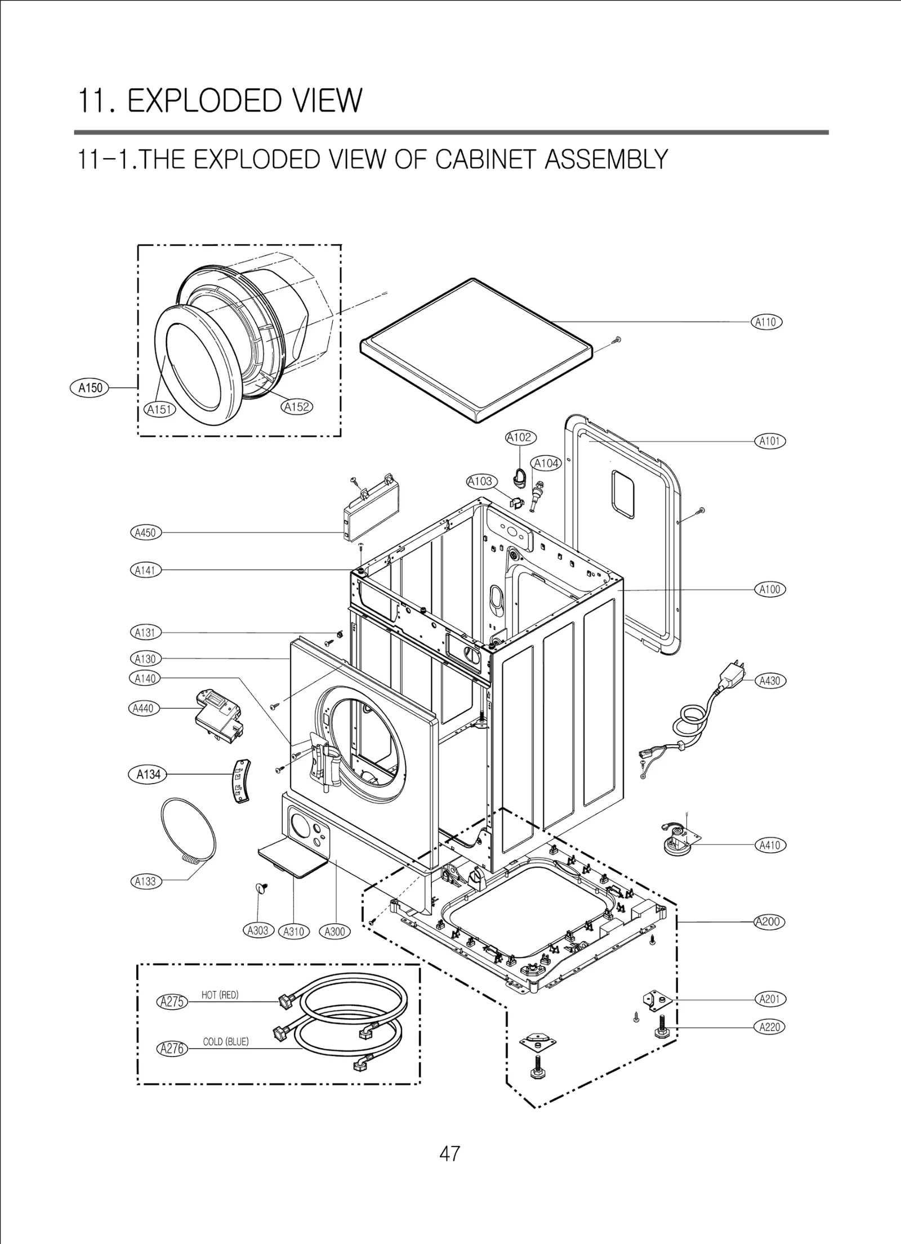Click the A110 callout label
tap(766, 322)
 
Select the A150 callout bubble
tap(90, 388)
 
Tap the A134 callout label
tap(148, 775)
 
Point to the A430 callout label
tap(769, 681)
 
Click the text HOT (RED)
tap(220, 995)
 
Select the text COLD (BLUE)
tap(225, 1041)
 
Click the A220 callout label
tap(769, 1027)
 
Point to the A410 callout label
tap(769, 845)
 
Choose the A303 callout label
tap(258, 930)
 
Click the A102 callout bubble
tap(520, 437)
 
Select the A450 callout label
tap(145, 532)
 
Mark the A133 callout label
tap(145, 881)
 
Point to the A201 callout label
tap(769, 999)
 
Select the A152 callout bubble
tap(296, 406)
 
